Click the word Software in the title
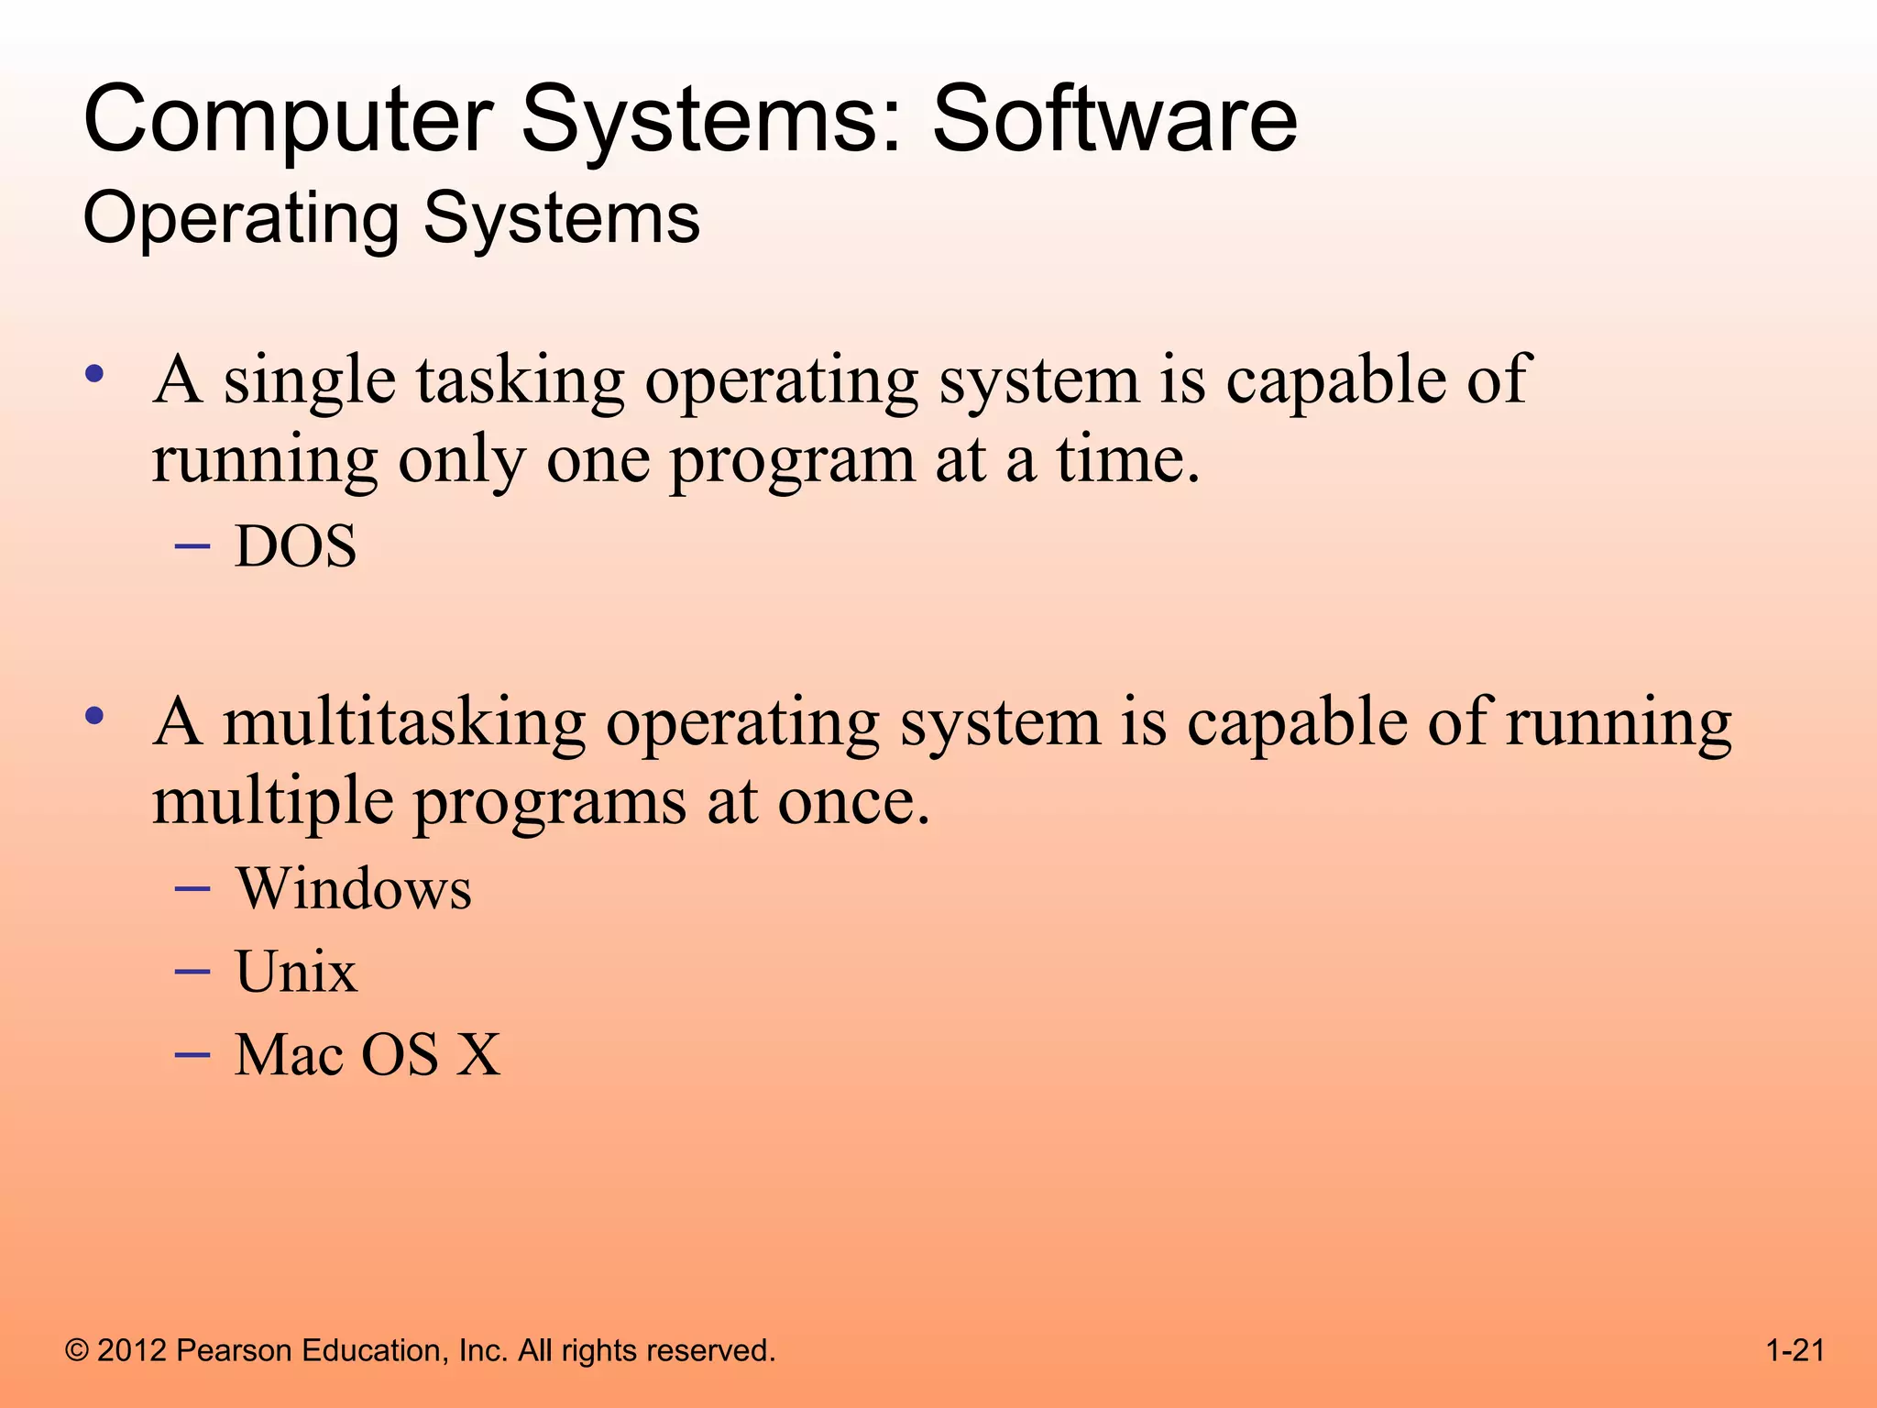(x=1114, y=119)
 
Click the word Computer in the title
(x=289, y=119)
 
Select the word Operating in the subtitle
(x=240, y=220)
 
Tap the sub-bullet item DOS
(x=295, y=547)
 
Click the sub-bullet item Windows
(x=354, y=889)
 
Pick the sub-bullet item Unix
(x=295, y=972)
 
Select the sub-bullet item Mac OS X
(x=368, y=1054)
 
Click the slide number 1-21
(x=1795, y=1350)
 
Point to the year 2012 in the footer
(x=132, y=1350)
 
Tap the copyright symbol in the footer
(x=78, y=1350)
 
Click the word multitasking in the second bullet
(x=403, y=723)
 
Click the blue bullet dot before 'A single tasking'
(x=93, y=374)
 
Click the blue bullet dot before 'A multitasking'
(x=93, y=716)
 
